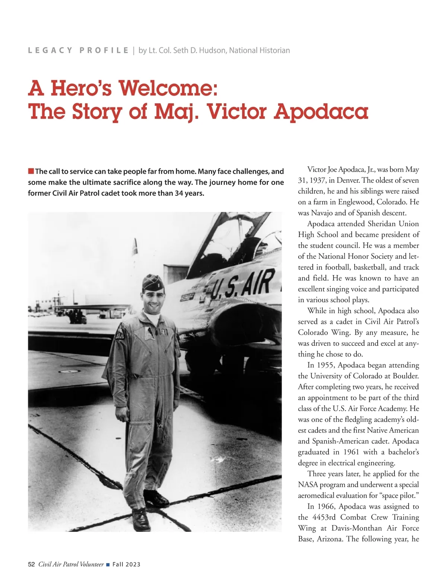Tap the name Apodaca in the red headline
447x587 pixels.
[x=321, y=111]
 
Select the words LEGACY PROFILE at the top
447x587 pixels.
[x=78, y=50]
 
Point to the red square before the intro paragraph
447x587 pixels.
[x=31, y=171]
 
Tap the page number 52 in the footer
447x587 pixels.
[x=31, y=564]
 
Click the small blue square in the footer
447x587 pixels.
[x=108, y=565]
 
